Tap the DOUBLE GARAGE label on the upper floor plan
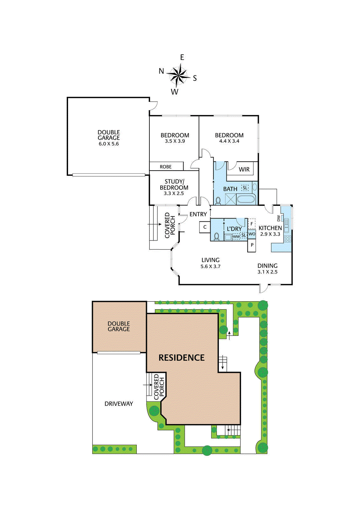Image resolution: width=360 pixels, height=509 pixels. (109, 137)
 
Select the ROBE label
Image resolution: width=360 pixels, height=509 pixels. (166, 167)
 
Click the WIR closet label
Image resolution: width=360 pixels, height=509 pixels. (244, 170)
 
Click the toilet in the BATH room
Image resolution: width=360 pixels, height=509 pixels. (218, 201)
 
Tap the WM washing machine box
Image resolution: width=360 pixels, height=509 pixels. (236, 237)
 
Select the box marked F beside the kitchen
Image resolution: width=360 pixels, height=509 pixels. (252, 224)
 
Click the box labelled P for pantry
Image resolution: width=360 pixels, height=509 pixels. (252, 245)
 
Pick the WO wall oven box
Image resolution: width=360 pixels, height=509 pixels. (252, 234)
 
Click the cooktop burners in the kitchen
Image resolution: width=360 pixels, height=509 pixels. (287, 239)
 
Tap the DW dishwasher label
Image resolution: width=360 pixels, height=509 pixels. (279, 218)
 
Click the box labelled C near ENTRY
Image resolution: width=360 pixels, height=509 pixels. (205, 227)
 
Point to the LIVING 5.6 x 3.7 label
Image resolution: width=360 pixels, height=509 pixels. (211, 263)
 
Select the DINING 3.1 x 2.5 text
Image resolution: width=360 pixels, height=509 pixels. (267, 268)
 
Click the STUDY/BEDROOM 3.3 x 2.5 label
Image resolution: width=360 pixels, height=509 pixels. (174, 187)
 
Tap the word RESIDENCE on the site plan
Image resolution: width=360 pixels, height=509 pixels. (182, 358)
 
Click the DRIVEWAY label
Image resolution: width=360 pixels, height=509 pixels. (119, 404)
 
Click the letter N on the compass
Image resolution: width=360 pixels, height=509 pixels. (162, 71)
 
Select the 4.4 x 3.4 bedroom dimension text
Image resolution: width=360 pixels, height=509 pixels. (229, 141)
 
